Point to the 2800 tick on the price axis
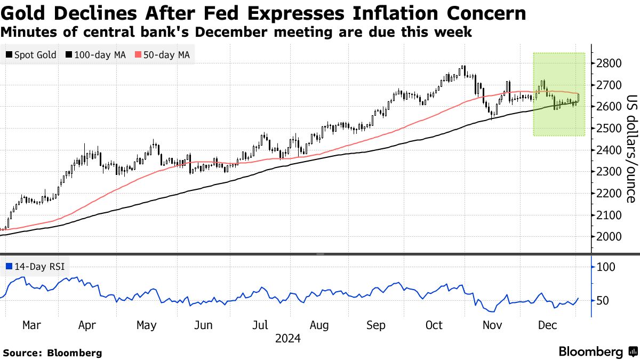[x=610, y=63]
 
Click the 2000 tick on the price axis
[x=610, y=237]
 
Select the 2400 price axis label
[x=610, y=150]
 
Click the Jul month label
[x=260, y=325]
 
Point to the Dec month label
[x=548, y=325]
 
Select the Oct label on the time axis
[x=435, y=325]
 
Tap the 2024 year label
[x=288, y=339]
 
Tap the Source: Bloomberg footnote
[x=52, y=353]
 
